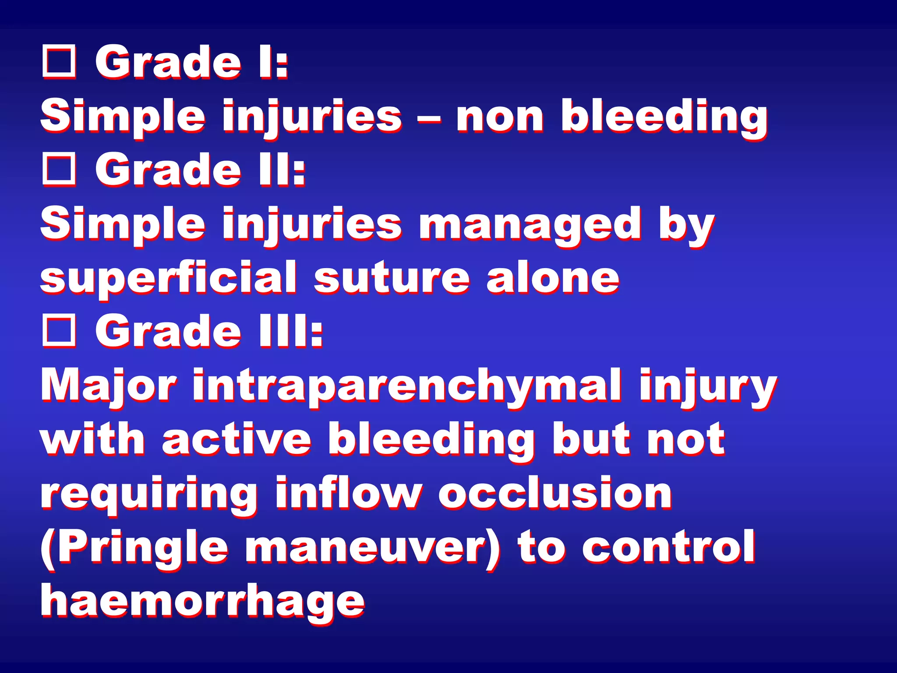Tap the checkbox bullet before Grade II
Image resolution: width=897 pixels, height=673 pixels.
click(x=59, y=170)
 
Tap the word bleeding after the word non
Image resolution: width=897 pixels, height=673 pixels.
click(x=664, y=117)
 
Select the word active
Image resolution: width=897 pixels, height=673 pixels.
click(x=237, y=439)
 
